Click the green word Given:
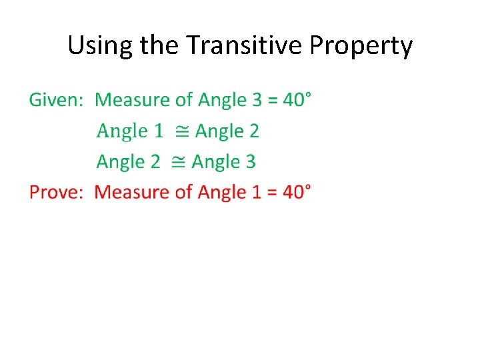[x=56, y=101]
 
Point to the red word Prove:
[x=56, y=193]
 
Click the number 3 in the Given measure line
[x=257, y=101]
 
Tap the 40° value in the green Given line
[x=297, y=101]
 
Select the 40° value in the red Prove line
[x=297, y=193]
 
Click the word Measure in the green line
[x=133, y=101]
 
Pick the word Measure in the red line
[x=133, y=193]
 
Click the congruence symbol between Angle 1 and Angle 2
[x=181, y=131]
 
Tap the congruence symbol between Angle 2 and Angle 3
[x=178, y=162]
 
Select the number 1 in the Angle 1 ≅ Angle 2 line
[x=158, y=131]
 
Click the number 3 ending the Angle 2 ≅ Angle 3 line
[x=251, y=162]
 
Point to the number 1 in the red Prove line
[x=257, y=193]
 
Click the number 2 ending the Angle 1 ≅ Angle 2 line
[x=253, y=131]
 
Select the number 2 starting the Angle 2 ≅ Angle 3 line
[x=155, y=162]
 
